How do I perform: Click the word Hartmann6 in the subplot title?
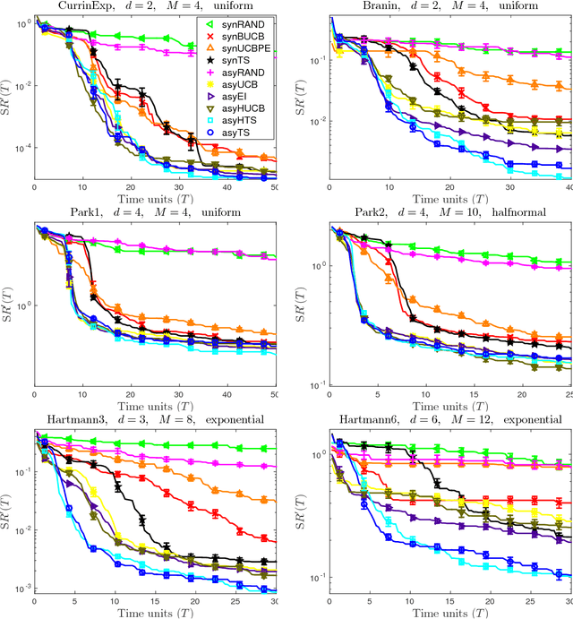click(x=365, y=418)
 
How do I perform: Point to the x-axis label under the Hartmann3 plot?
click(x=156, y=613)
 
